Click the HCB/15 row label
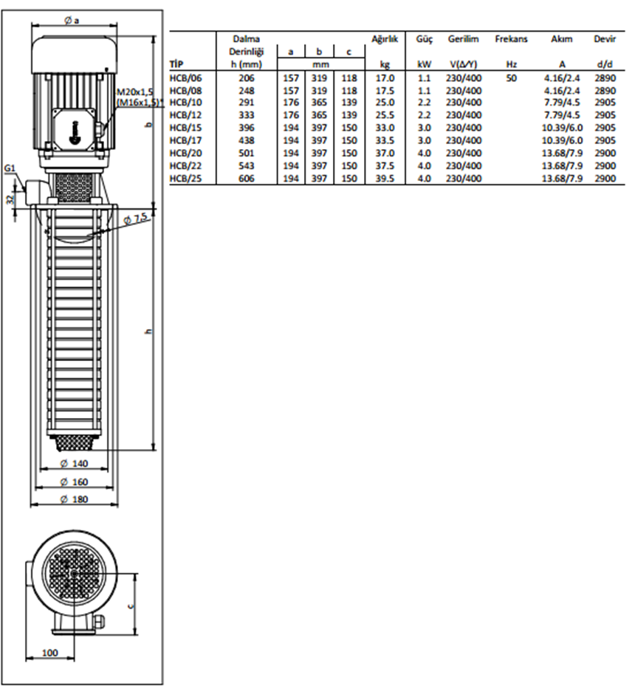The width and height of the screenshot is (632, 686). tap(185, 128)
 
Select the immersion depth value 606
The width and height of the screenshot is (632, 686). tap(247, 179)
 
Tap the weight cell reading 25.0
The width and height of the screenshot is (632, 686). tap(385, 103)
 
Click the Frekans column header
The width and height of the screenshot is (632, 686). tap(512, 39)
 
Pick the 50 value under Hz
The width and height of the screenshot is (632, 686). tap(512, 78)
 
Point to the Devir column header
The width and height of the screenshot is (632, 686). tap(605, 39)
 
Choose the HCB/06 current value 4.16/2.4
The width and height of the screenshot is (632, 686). tap(562, 78)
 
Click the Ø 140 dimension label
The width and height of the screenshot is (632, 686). tap(74, 463)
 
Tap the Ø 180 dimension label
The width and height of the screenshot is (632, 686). tap(74, 499)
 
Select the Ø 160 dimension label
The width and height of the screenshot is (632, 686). tap(74, 481)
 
